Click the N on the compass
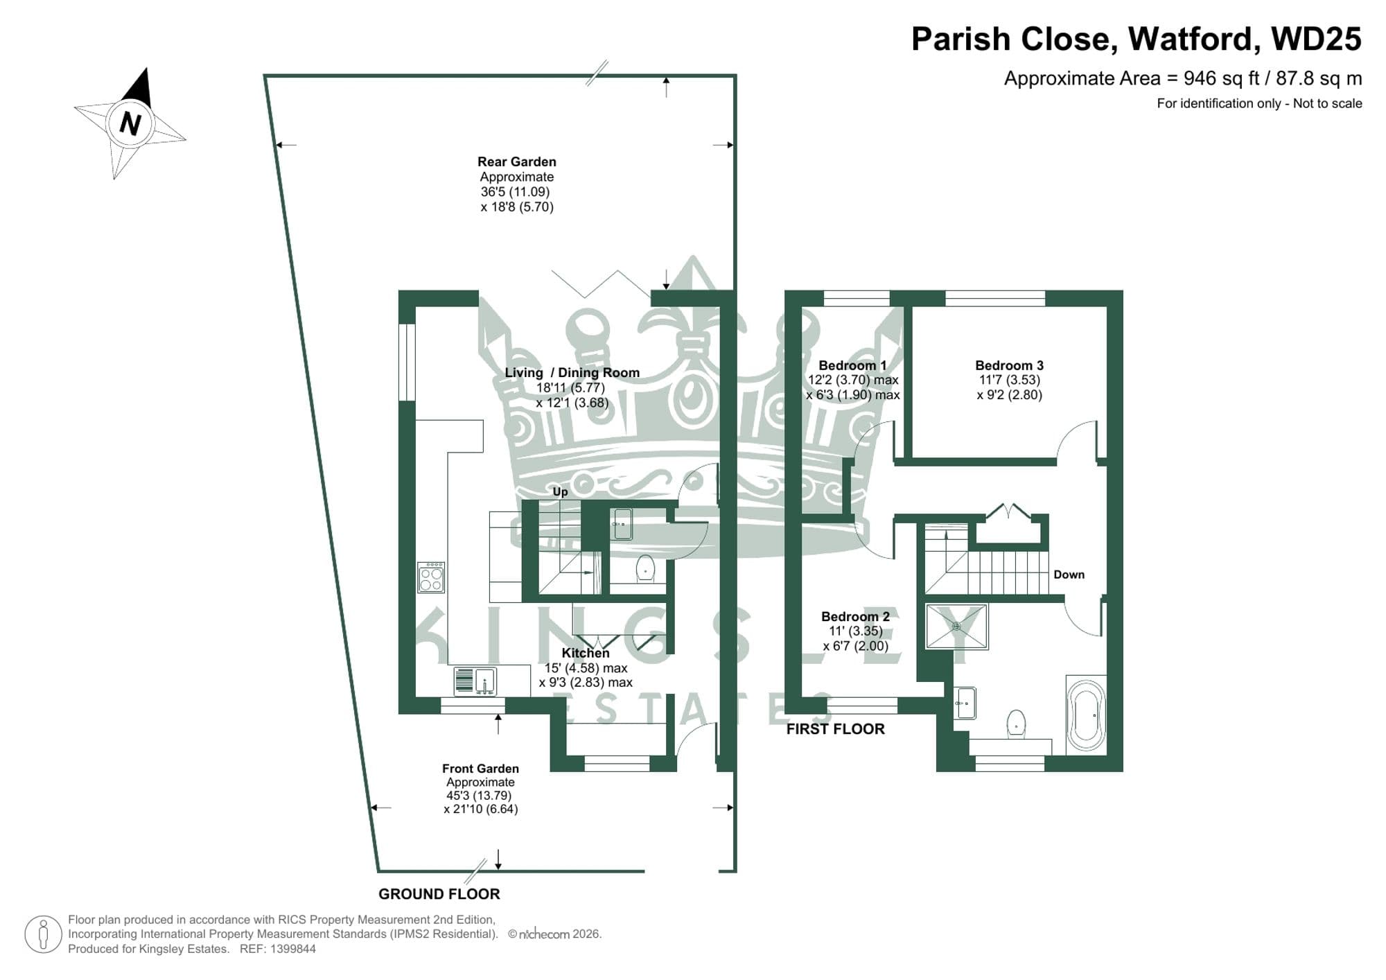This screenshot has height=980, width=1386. click(130, 124)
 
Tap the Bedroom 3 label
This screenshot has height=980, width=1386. click(1009, 365)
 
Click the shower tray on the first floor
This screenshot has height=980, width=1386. click(956, 627)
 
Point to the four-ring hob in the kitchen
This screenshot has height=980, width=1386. click(430, 577)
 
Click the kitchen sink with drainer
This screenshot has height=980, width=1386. click(475, 681)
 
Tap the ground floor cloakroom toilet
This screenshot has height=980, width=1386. click(645, 568)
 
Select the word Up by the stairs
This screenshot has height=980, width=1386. click(560, 491)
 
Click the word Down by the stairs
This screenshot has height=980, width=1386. click(1069, 575)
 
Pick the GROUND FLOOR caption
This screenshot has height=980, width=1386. click(439, 894)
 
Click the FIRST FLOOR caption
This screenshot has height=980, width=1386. click(835, 729)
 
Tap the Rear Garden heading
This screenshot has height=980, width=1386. click(516, 161)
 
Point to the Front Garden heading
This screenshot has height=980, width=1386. click(480, 769)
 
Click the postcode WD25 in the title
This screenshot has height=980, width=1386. click(1316, 39)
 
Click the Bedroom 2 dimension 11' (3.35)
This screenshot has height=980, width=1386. click(855, 631)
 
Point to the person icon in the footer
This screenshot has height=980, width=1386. click(44, 934)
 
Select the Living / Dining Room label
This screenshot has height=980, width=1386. click(572, 372)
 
